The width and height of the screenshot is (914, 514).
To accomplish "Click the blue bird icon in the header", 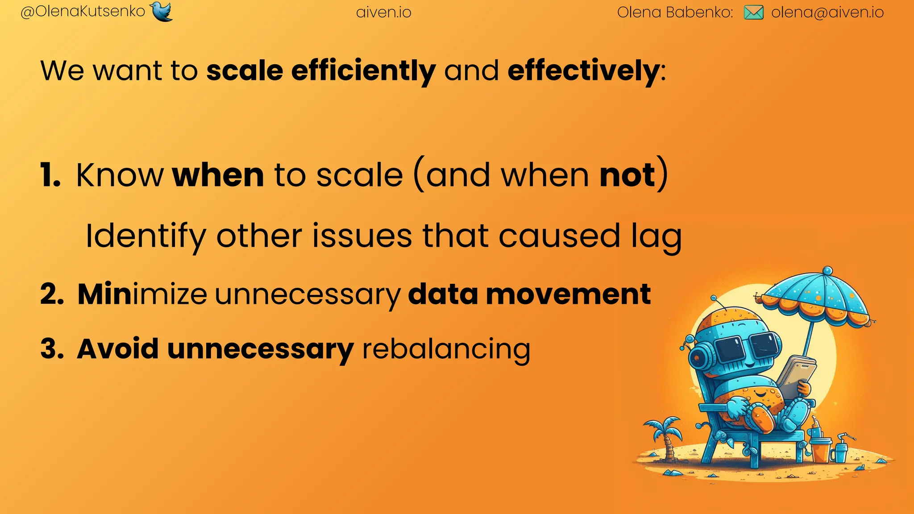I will point(161,11).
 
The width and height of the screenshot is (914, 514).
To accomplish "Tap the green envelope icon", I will point(753,12).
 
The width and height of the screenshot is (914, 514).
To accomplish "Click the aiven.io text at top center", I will point(384,12).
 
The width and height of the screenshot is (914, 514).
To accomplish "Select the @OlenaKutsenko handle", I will point(83,12).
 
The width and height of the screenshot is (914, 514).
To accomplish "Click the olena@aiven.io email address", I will point(827,12).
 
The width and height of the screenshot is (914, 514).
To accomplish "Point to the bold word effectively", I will point(583,71).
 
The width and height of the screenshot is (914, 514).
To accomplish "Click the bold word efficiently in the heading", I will point(363,71).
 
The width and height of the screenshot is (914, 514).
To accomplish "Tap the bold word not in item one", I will point(627,175).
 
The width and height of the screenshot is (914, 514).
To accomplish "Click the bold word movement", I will point(568,294).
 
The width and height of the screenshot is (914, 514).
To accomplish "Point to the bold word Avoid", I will point(118,349).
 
